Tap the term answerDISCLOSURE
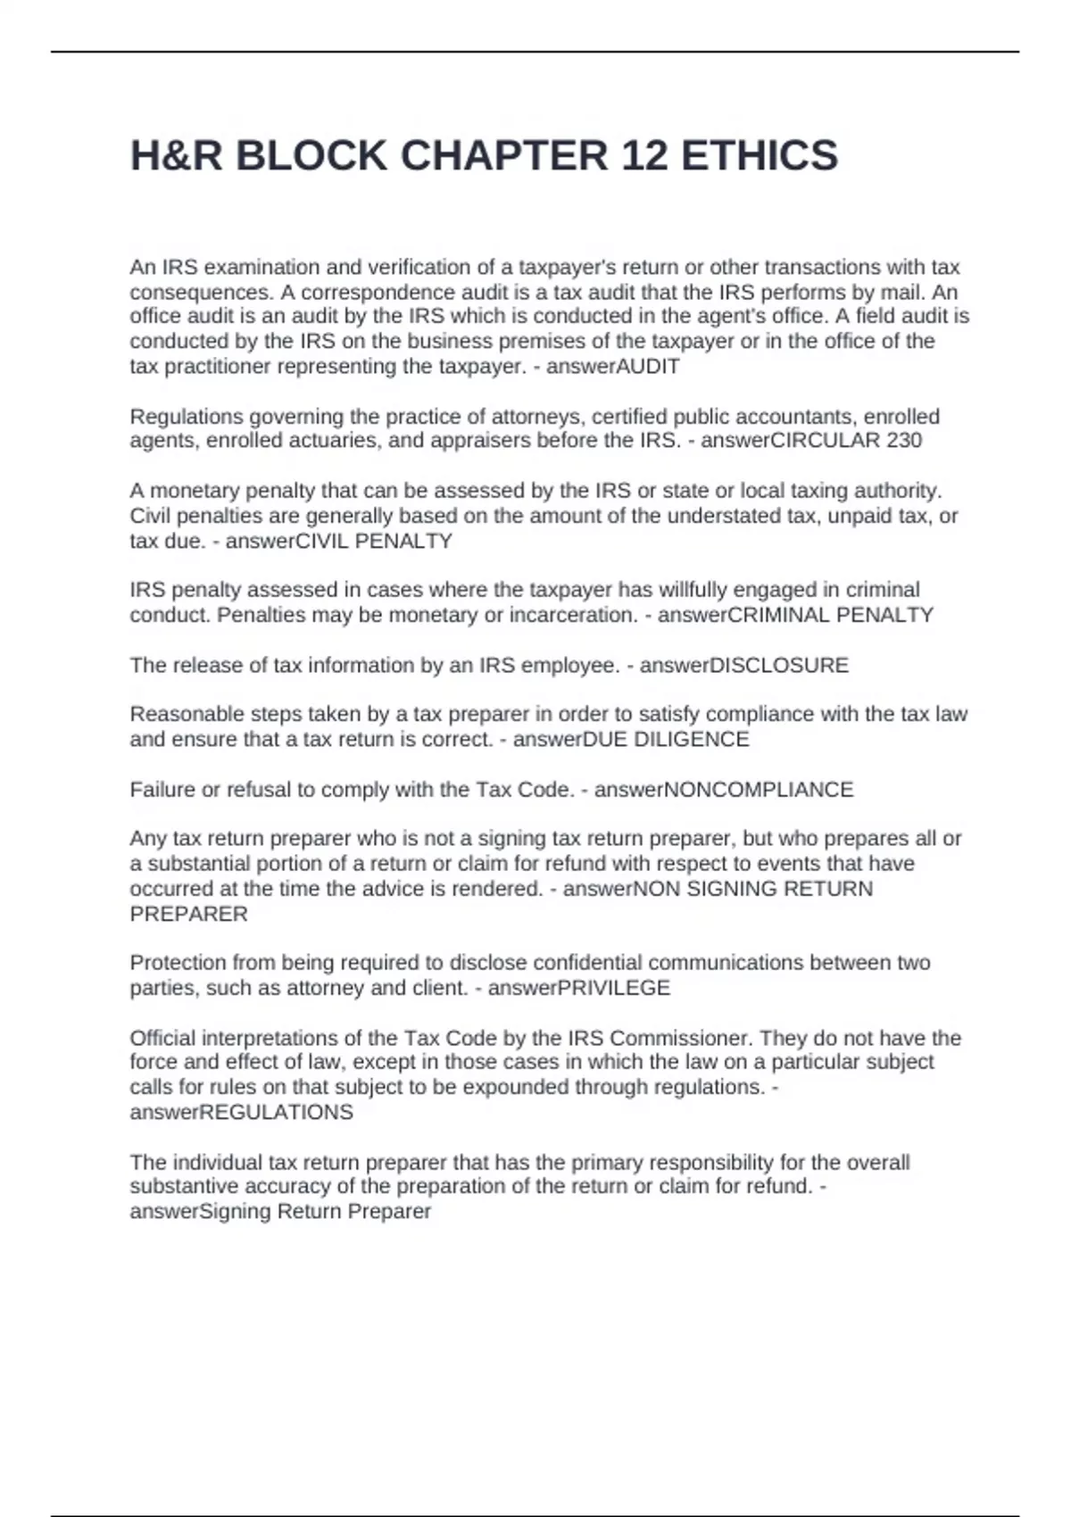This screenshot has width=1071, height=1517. pyautogui.click(x=744, y=666)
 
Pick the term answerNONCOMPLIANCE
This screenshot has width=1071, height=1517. pyautogui.click(x=724, y=790)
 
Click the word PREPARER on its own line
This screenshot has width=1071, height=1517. pyautogui.click(x=188, y=915)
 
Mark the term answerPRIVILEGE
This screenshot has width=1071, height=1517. pyautogui.click(x=579, y=989)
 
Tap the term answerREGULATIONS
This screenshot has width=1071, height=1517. pyautogui.click(x=241, y=1113)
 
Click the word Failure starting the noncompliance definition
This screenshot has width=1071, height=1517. pyautogui.click(x=163, y=790)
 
